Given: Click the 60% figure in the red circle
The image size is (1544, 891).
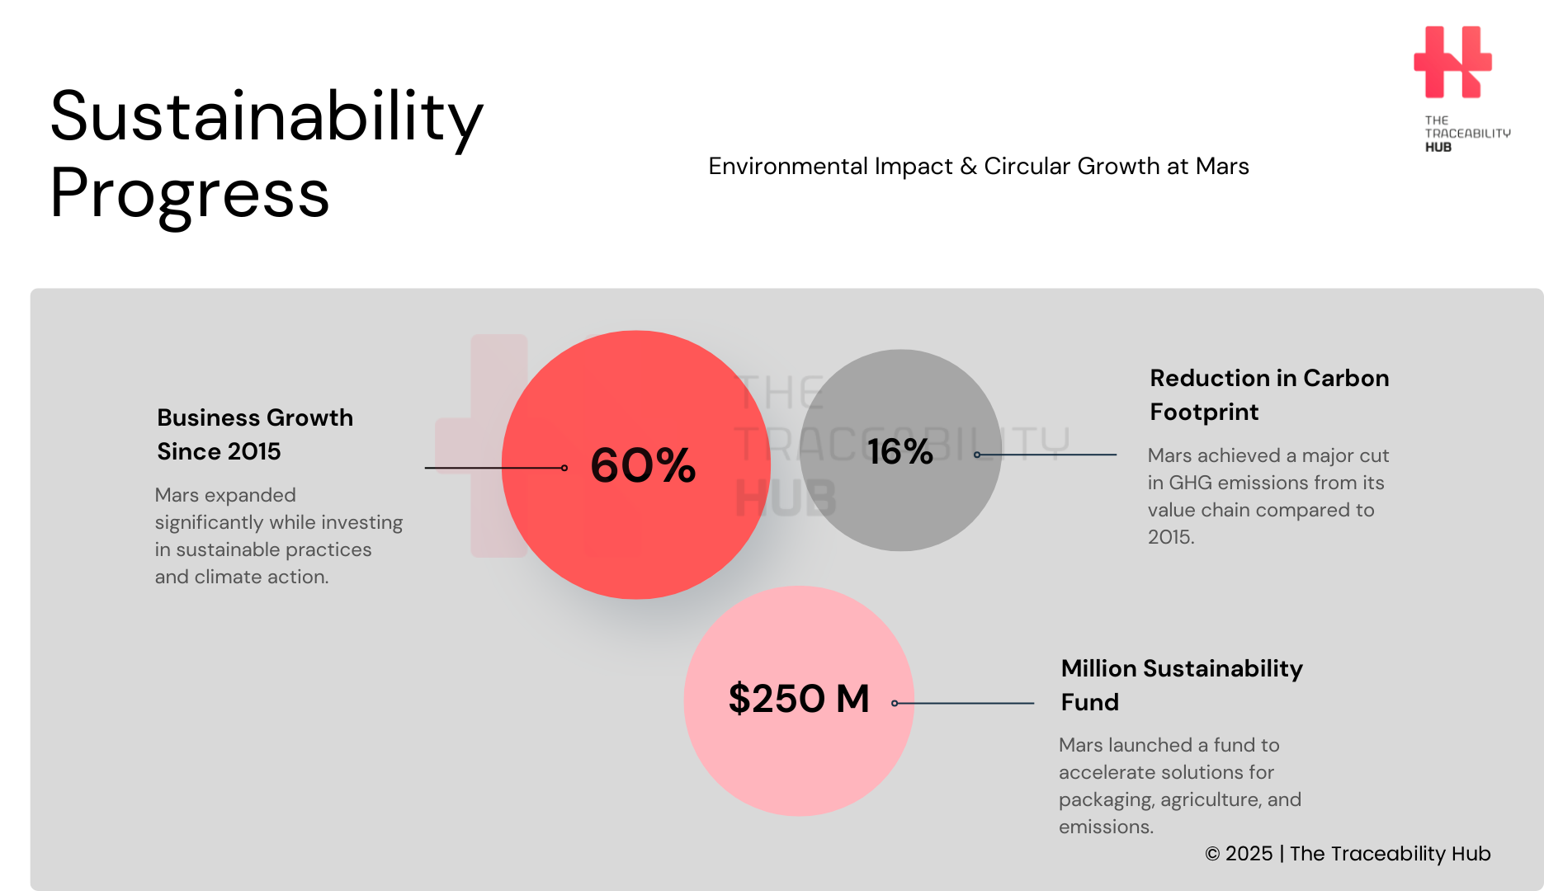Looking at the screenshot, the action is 643,465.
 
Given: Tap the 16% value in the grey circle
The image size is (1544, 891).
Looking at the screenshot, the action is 899,451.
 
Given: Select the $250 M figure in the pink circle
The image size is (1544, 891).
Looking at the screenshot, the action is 799,699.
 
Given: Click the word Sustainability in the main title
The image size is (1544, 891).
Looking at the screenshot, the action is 267,117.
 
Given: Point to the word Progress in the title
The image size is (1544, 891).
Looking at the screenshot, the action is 190,193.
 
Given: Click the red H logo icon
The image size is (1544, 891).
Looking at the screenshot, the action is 1452,62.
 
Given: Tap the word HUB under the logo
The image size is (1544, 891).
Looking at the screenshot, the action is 1438,147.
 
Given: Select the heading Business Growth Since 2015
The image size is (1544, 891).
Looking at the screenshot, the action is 255,434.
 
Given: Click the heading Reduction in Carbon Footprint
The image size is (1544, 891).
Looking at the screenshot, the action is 1269,394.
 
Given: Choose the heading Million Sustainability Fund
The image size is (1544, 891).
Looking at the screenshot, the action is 1182,685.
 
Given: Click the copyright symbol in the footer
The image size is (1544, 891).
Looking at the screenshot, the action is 1212,854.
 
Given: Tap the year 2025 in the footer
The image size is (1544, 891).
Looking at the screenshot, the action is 1249,854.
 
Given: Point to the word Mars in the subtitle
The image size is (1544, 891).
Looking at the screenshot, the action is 1222,166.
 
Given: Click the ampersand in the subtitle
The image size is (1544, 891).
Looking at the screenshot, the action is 969,167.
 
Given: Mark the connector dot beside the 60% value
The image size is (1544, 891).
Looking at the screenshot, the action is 564,468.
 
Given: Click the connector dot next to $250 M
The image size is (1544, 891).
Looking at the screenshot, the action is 895,703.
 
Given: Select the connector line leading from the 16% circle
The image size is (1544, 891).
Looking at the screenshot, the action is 1046,455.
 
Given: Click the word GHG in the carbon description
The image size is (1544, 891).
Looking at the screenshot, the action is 1189,483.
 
